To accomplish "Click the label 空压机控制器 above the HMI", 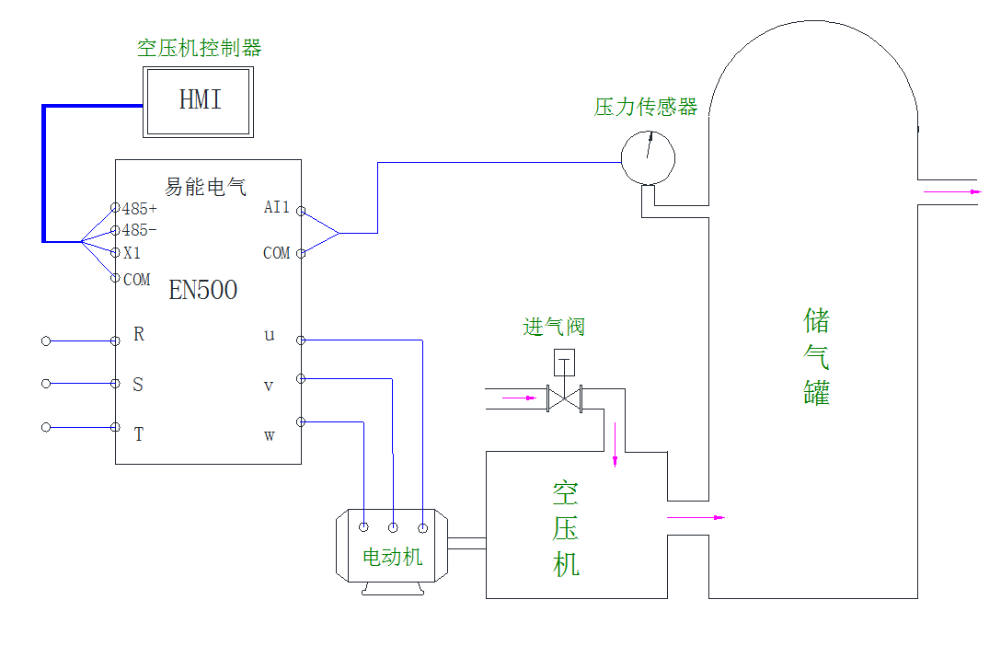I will coord(199,49).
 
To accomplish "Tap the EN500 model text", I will coord(202,291).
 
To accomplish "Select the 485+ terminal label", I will coord(139,209).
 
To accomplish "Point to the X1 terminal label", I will coord(132,253).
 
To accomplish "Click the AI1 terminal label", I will coord(276,208).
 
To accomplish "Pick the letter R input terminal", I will coord(139,335).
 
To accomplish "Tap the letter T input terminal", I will coord(139,435).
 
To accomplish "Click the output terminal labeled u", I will coord(270,335).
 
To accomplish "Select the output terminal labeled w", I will coord(270,435).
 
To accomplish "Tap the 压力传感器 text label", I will coord(646,107).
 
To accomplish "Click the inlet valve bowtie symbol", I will coord(565,398).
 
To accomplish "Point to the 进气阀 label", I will coord(554,327).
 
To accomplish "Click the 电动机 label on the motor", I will coord(393,557).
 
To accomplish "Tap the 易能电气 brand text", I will coord(205,187).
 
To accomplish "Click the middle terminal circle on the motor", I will coord(393,527).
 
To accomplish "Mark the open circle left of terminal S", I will coord(46,384).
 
